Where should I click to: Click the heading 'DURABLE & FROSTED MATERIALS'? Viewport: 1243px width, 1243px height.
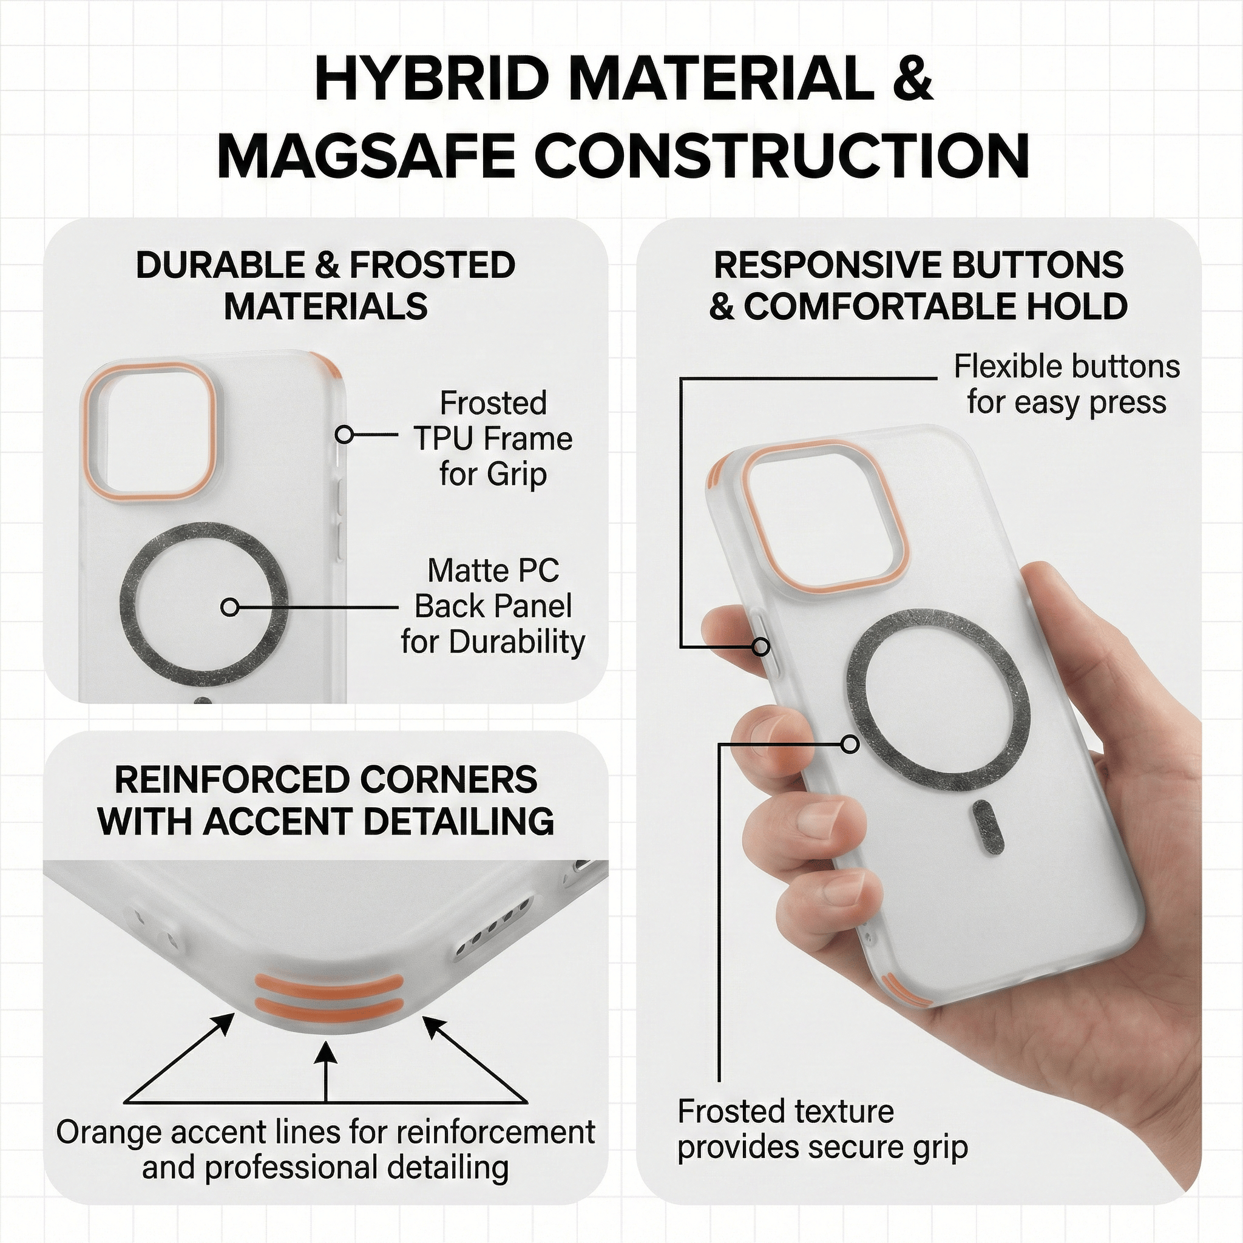pos(325,285)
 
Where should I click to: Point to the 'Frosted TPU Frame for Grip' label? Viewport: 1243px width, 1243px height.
pos(493,439)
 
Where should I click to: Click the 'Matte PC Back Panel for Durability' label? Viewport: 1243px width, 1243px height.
pos(493,606)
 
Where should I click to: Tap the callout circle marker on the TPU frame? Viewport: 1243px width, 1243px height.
pos(345,435)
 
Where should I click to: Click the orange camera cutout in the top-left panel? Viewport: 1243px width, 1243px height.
pos(148,431)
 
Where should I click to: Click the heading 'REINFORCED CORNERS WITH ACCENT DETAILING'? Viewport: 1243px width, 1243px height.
pos(325,801)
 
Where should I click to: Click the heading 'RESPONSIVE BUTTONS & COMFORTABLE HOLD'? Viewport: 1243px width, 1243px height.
pos(918,285)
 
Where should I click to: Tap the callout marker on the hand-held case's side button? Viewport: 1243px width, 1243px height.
pos(761,646)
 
